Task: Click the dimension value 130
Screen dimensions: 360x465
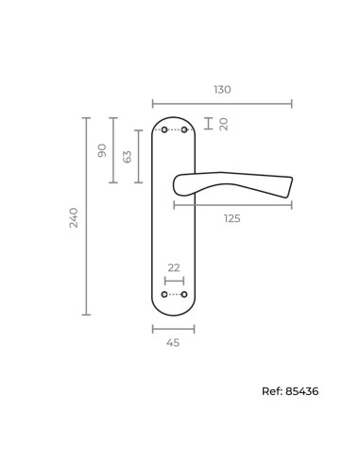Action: (x=222, y=90)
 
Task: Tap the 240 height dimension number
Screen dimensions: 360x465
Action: (x=74, y=217)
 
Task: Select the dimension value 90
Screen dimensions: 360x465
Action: (x=102, y=150)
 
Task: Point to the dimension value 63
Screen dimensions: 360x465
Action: (x=127, y=157)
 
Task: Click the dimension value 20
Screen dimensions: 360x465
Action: (x=224, y=124)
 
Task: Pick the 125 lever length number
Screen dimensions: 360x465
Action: (x=232, y=218)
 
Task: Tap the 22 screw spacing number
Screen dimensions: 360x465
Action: (x=174, y=267)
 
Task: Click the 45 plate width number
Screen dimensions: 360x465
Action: (x=173, y=342)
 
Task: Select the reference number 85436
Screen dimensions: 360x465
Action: (x=302, y=391)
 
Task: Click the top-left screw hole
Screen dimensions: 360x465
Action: (x=164, y=129)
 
